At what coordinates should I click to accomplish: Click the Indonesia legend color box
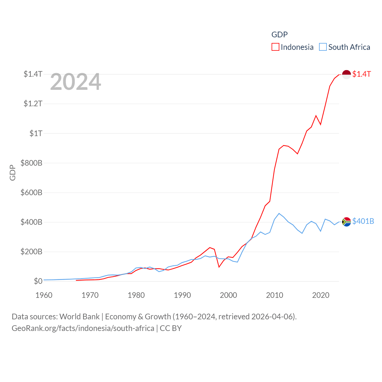click(275, 47)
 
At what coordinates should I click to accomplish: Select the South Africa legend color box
click(323, 47)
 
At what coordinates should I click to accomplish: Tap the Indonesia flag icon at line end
click(346, 74)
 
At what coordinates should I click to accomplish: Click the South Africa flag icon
click(346, 222)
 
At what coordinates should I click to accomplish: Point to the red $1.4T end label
click(361, 74)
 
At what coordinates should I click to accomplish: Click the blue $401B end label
click(363, 221)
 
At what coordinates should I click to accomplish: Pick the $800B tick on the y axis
click(31, 163)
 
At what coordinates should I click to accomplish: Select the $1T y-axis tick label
click(36, 133)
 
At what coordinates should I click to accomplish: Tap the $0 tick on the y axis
click(38, 281)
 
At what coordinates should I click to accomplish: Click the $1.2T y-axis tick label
click(33, 104)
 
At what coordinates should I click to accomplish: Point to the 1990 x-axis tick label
click(182, 295)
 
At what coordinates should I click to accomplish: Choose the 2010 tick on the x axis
click(275, 295)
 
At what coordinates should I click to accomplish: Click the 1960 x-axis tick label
click(44, 295)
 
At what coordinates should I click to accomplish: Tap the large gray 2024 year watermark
click(76, 82)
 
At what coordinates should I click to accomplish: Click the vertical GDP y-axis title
click(13, 172)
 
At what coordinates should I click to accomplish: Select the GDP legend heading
click(279, 35)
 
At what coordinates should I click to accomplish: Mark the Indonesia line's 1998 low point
click(219, 267)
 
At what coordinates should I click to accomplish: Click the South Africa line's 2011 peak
click(279, 213)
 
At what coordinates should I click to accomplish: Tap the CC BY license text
click(171, 328)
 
